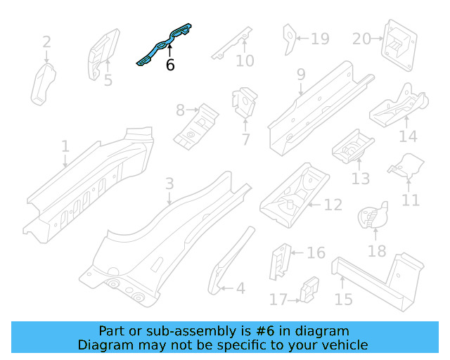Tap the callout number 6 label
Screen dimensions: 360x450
click(170, 65)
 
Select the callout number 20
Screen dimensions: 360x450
click(361, 39)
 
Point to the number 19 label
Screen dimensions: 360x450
click(320, 39)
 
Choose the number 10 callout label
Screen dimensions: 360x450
click(245, 61)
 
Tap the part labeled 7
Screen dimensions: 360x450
click(243, 103)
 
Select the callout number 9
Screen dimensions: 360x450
click(301, 75)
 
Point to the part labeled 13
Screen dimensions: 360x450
click(352, 145)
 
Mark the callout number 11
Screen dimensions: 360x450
click(411, 200)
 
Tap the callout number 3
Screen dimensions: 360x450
click(169, 185)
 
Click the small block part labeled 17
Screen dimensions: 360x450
click(307, 290)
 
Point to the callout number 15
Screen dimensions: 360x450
click(343, 300)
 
